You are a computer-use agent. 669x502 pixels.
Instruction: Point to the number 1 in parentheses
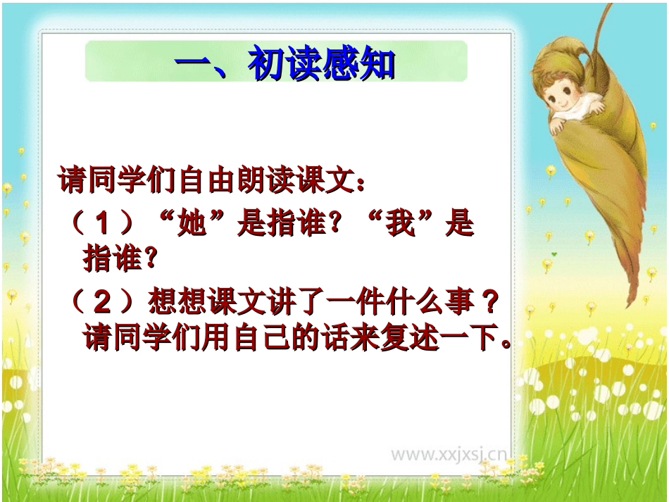coord(104,225)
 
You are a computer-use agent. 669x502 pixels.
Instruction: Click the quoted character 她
coord(192,225)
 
